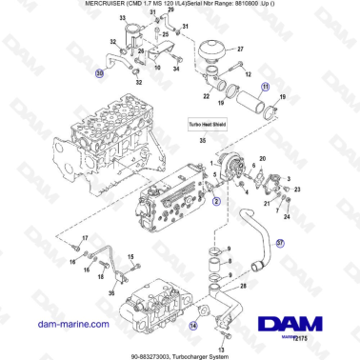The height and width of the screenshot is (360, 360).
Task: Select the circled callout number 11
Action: [x=267, y=86]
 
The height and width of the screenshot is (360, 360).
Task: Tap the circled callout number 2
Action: [x=216, y=201]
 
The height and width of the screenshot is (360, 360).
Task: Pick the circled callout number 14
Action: [x=193, y=325]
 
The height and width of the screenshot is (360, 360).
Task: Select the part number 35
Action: [x=201, y=140]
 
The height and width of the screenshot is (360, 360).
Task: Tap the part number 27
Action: [x=239, y=48]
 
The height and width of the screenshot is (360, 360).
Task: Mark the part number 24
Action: [x=286, y=215]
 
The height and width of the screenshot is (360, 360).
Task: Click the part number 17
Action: [x=84, y=237]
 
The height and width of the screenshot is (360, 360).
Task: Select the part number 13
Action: [x=223, y=347]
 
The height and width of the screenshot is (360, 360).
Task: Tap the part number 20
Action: [x=263, y=159]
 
